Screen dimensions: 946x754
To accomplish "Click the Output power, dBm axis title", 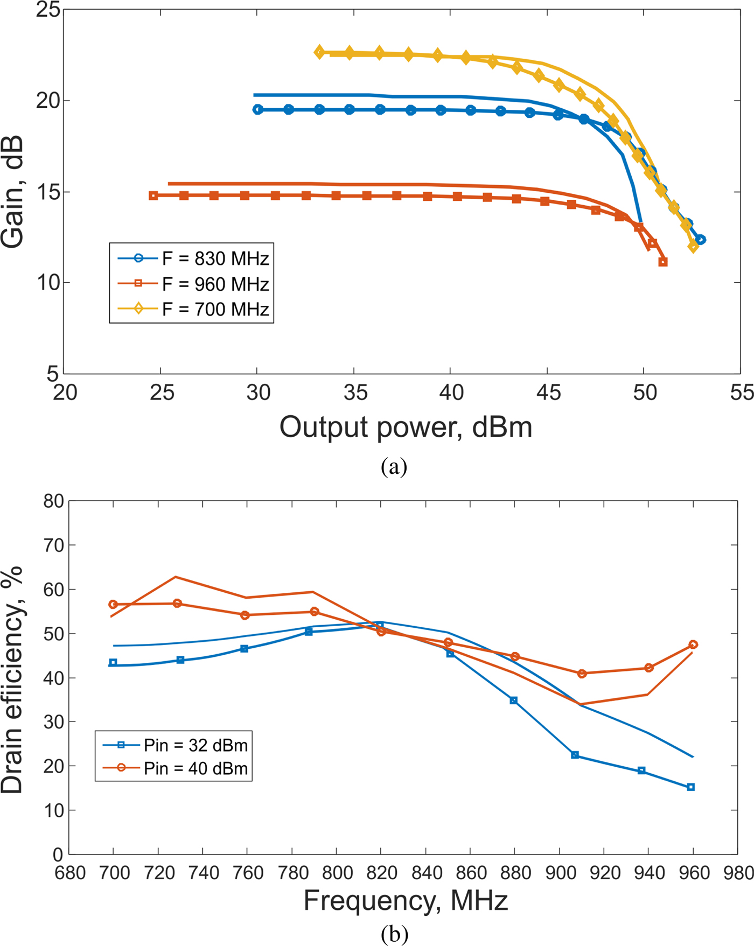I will [x=406, y=428].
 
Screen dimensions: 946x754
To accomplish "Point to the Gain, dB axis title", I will [x=13, y=192].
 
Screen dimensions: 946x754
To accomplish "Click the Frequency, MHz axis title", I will [x=406, y=900].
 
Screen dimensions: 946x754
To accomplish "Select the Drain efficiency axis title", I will [x=13, y=679].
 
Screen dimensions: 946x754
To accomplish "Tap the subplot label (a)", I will [x=394, y=466].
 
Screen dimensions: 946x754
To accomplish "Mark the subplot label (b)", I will [x=394, y=934].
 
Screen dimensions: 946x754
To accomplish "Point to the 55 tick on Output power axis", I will [x=742, y=393].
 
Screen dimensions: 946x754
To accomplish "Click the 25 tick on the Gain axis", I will [x=47, y=10].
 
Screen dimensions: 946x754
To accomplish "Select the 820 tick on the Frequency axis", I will [x=381, y=872].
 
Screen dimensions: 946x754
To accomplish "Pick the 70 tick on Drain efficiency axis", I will [x=53, y=545].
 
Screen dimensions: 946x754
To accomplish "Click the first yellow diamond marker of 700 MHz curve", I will [x=319, y=52].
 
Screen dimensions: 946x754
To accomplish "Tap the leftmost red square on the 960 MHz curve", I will [x=153, y=195].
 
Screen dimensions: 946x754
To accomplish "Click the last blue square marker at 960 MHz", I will [x=691, y=787].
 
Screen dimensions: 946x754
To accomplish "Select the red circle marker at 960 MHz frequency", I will [x=693, y=644].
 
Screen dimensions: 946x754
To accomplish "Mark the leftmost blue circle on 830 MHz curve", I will [x=258, y=109].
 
